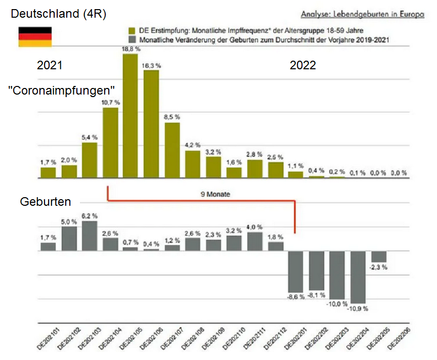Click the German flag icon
35,37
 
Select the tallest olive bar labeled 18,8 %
130,116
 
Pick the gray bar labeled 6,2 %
90,236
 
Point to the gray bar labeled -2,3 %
379,256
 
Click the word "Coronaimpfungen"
61,91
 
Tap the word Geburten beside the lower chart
45,202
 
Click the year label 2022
302,65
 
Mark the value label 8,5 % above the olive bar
172,117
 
